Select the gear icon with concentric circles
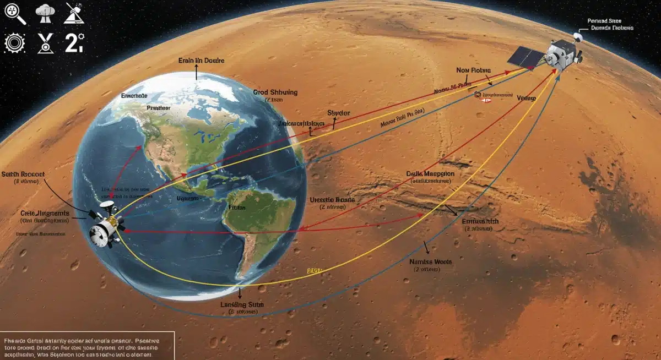(x=12, y=43)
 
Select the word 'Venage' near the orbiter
(x=527, y=97)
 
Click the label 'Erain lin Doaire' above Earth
(x=201, y=61)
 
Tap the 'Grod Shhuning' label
(x=275, y=92)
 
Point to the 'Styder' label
(x=338, y=112)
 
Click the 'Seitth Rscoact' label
(x=23, y=174)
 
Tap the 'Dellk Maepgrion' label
(x=430, y=173)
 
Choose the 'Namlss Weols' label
(x=430, y=262)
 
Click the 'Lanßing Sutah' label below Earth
(x=242, y=304)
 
